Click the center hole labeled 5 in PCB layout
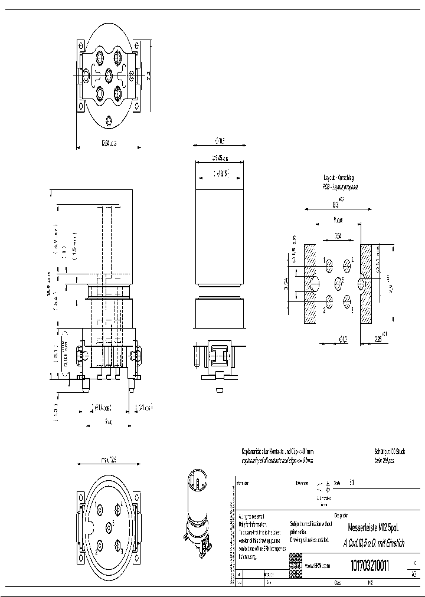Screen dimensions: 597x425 (338, 280)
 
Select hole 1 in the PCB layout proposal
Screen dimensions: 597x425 (329, 264)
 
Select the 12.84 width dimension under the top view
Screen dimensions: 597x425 (109, 143)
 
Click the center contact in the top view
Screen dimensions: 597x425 (109, 76)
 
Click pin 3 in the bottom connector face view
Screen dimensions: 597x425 (118, 546)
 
